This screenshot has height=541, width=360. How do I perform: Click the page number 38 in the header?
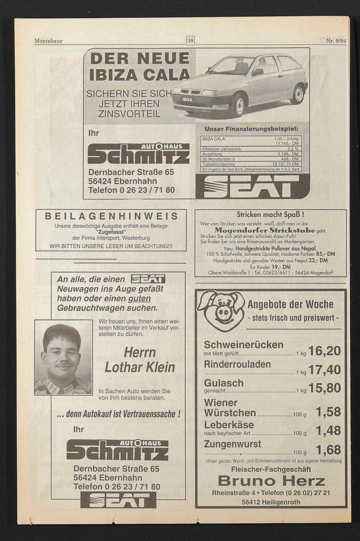pyautogui.click(x=190, y=41)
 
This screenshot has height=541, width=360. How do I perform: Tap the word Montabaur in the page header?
pyautogui.click(x=48, y=41)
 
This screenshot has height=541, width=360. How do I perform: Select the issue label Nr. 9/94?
pyautogui.click(x=336, y=41)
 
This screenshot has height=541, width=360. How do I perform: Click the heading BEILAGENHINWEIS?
pyautogui.click(x=111, y=216)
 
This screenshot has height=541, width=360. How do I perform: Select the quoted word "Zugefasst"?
pyautogui.click(x=111, y=232)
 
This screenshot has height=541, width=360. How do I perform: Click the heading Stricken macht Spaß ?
pyautogui.click(x=270, y=215)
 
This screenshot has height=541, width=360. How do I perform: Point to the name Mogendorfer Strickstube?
pyautogui.click(x=265, y=230)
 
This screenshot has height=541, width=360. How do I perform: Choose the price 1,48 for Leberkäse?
pyautogui.click(x=328, y=430)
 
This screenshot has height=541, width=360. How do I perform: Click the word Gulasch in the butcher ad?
pyautogui.click(x=224, y=383)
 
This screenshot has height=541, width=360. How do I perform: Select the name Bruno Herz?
pyautogui.click(x=271, y=481)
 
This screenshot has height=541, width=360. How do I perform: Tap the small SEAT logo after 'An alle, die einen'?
pyautogui.click(x=148, y=279)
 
